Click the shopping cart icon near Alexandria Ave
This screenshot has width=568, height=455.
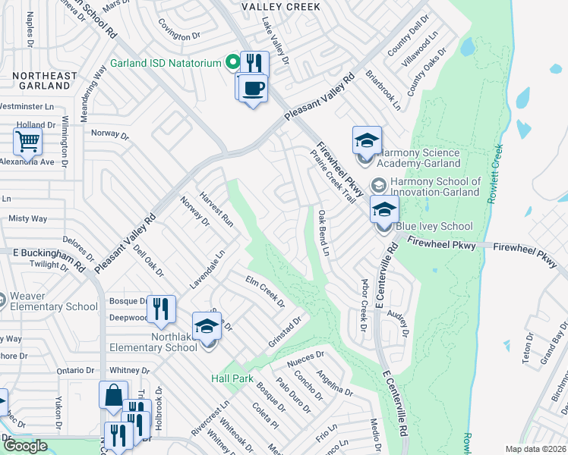(27, 141)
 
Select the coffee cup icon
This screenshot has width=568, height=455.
(253, 87)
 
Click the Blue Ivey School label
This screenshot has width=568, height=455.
(434, 226)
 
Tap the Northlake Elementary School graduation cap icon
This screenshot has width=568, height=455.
(207, 327)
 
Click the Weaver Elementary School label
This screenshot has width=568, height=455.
(54, 306)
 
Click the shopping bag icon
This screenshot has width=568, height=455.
(113, 395)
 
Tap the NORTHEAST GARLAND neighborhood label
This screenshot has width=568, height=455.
(45, 81)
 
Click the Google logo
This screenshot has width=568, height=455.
(25, 446)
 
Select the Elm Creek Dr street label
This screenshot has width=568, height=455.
(265, 292)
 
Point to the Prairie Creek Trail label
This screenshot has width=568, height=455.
(333, 175)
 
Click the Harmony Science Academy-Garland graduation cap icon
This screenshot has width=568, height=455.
(366, 140)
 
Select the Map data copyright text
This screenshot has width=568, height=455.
(536, 450)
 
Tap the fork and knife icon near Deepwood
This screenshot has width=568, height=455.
(161, 309)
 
